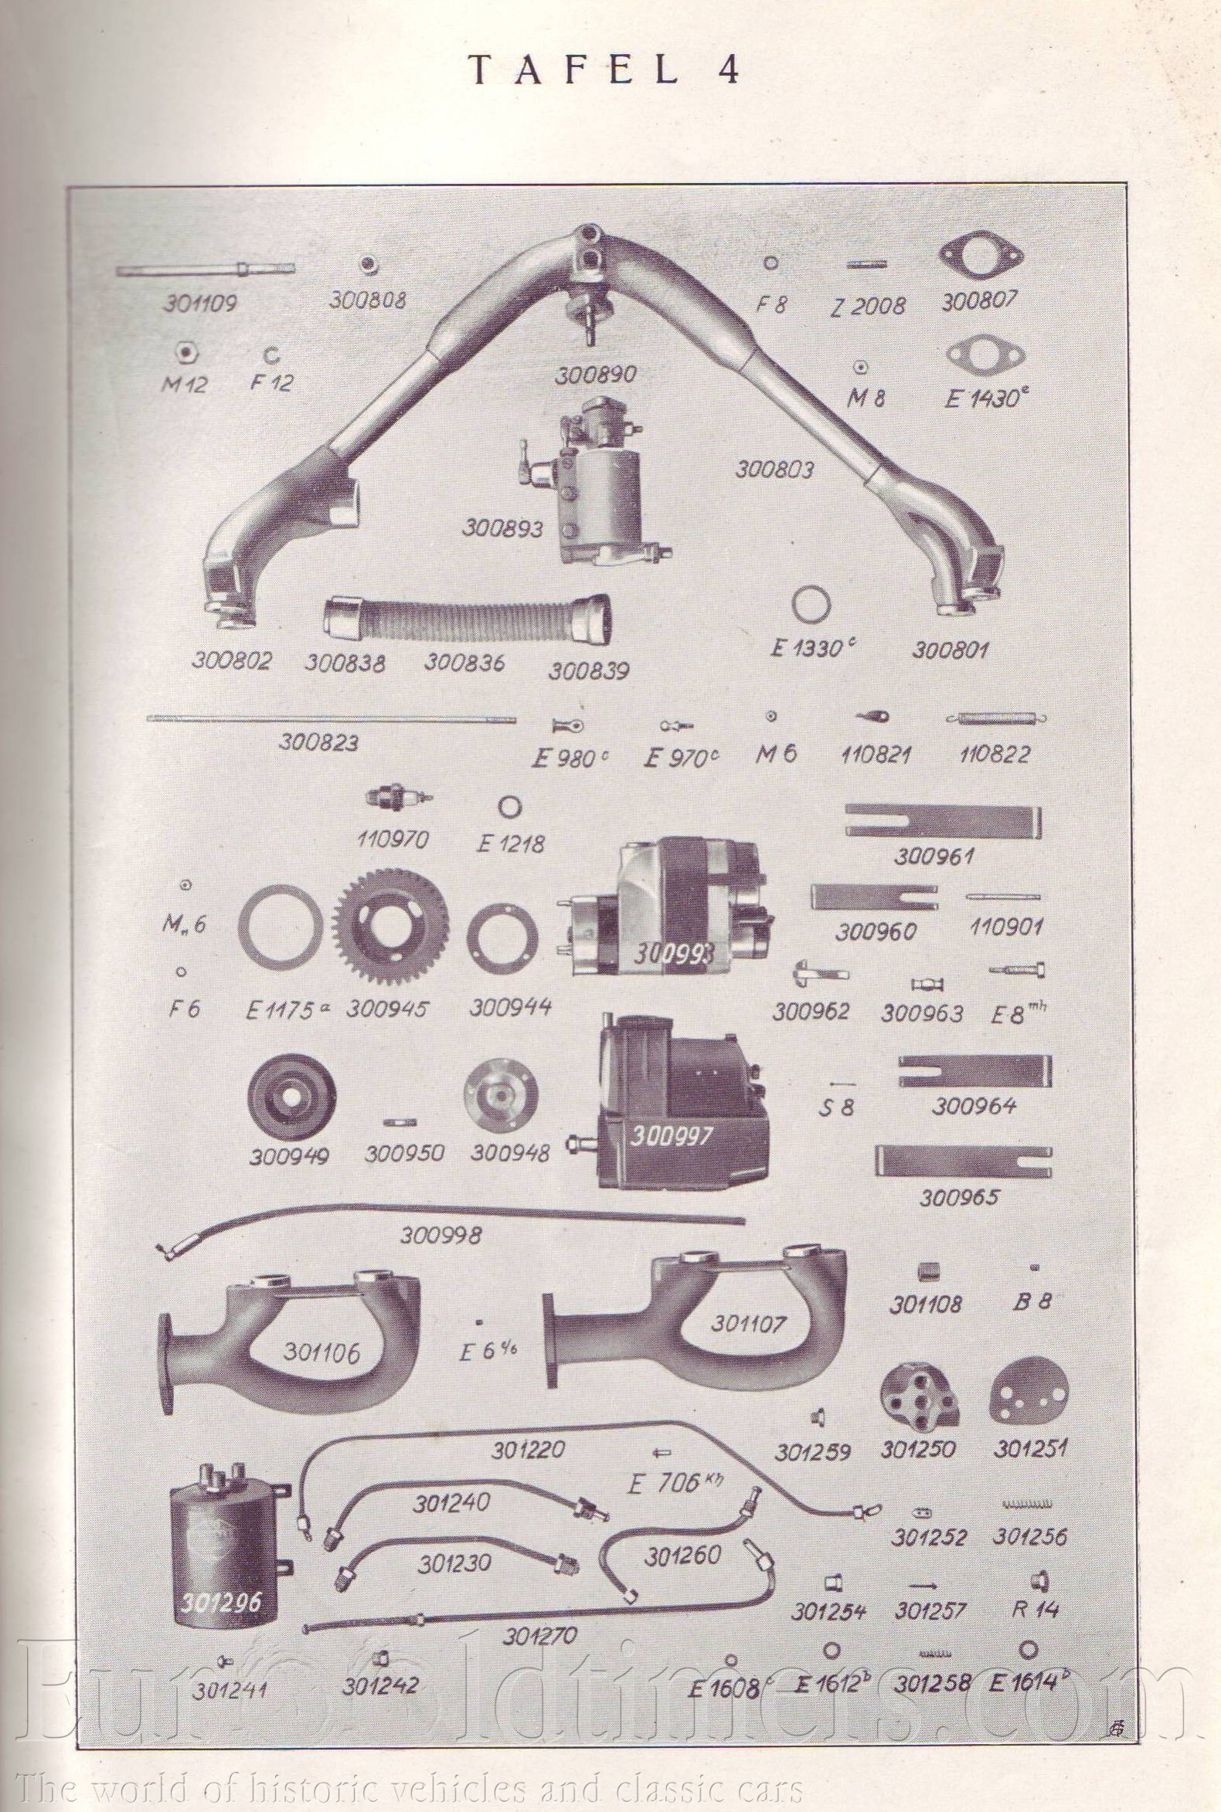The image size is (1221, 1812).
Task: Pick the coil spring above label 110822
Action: [996, 718]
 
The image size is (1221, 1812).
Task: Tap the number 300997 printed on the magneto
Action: [671, 1137]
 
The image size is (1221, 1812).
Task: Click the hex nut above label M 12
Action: [184, 351]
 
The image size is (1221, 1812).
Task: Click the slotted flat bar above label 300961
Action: [943, 821]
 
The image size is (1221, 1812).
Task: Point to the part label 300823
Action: [319, 742]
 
